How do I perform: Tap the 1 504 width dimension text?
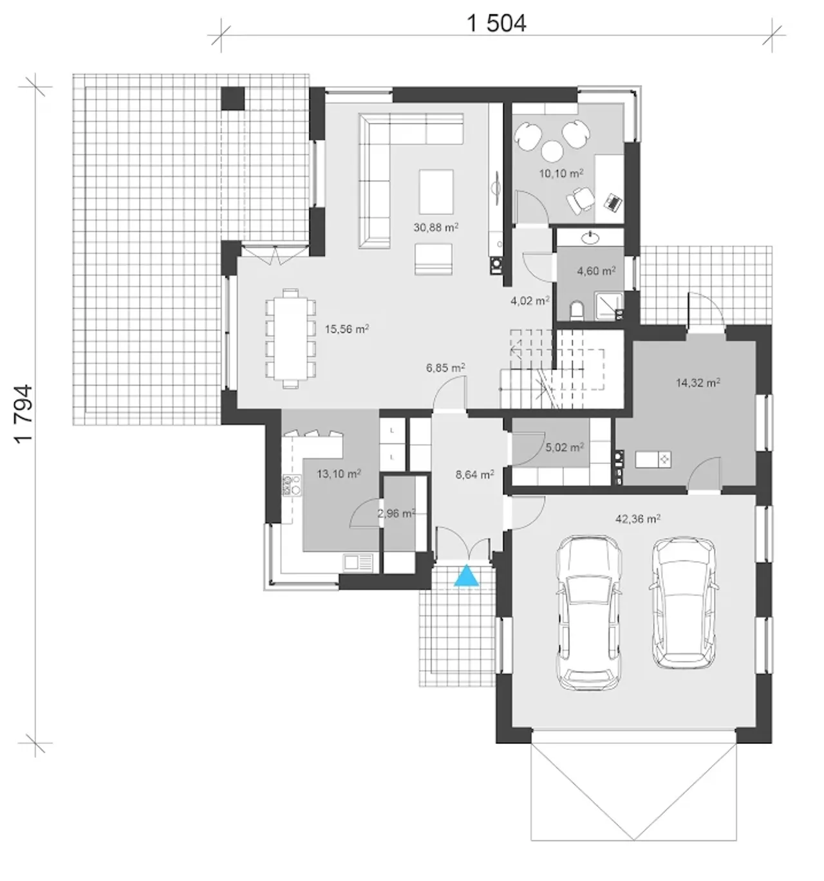pos(496,24)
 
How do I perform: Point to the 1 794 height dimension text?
pos(24,413)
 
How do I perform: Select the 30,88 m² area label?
pos(436,228)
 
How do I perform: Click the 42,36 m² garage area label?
pos(637,519)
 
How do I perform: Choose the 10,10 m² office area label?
pos(561,173)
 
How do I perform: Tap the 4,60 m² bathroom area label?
pos(596,270)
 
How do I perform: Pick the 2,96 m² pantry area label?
pos(397,514)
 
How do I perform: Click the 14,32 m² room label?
pos(698,382)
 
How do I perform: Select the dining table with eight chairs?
pos(291,338)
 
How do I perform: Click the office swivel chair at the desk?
pos(580,200)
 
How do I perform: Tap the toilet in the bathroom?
pos(577,310)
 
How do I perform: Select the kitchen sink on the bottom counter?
pos(357,562)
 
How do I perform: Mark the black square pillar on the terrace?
pos(233,98)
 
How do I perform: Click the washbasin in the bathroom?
pos(590,237)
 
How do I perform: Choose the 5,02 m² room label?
pos(565,448)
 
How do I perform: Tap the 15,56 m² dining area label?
pos(347,329)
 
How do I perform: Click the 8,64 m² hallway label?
pos(474,475)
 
